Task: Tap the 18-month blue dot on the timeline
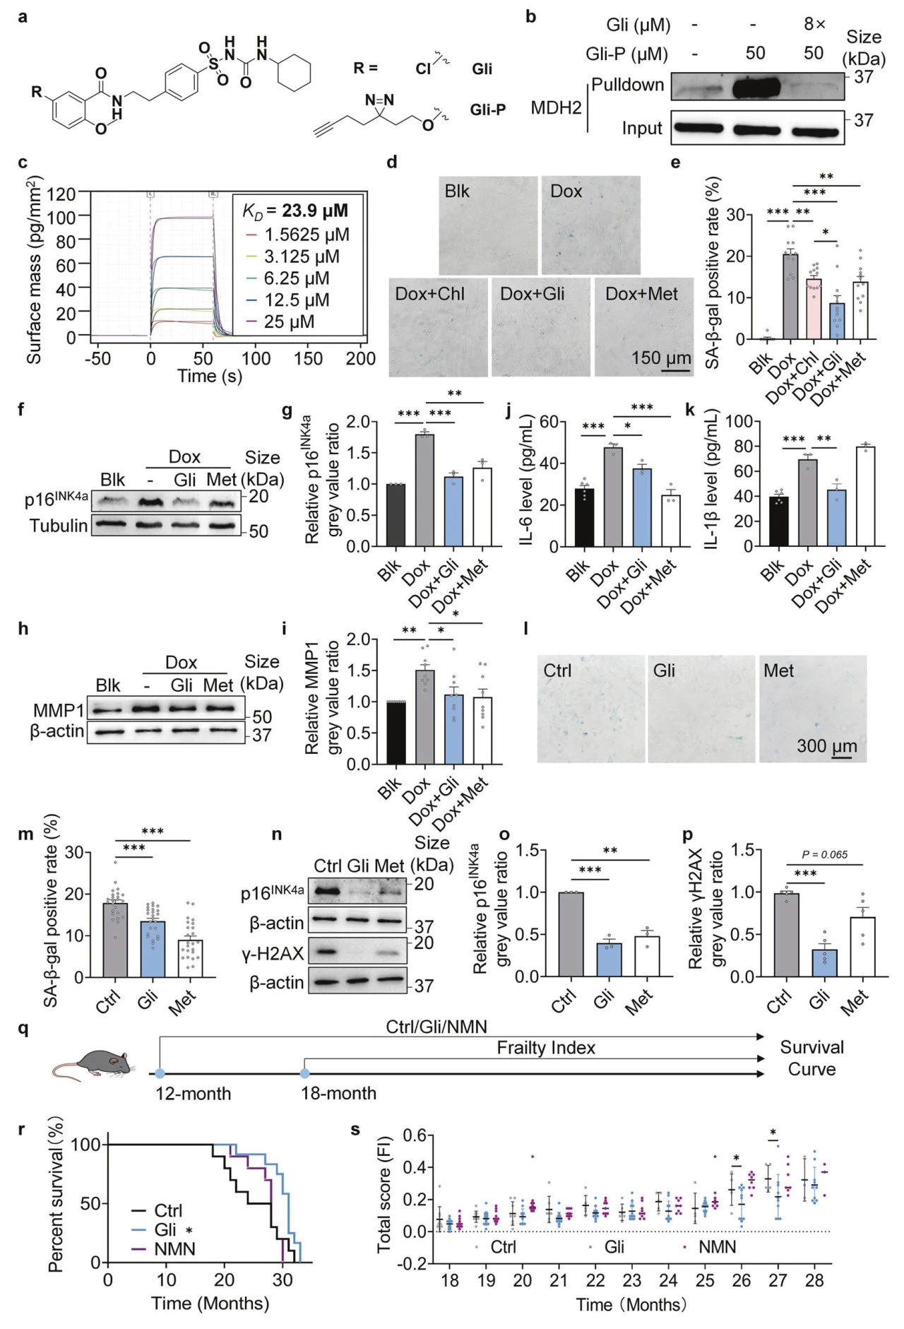304,1073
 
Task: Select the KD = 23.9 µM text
295,211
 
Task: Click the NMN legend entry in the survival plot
174,1248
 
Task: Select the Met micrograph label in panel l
778,671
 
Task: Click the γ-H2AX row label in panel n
273,954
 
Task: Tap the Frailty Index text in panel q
545,1048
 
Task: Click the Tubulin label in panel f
59,526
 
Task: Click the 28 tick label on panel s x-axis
814,1280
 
